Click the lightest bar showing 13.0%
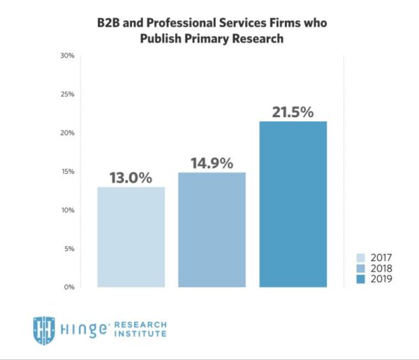tap(131, 237)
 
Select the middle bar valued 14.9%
tap(212, 230)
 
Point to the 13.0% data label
tap(130, 177)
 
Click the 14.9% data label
tap(212, 163)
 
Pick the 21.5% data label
tap(293, 112)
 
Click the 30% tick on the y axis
tap(68, 56)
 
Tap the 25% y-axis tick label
tap(68, 94)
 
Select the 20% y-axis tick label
tap(68, 133)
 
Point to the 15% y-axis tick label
tap(68, 172)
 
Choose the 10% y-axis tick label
tap(68, 210)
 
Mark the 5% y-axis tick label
tap(69, 248)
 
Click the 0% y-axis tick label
tap(69, 287)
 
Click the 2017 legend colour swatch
tap(360, 257)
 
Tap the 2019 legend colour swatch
tap(360, 279)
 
